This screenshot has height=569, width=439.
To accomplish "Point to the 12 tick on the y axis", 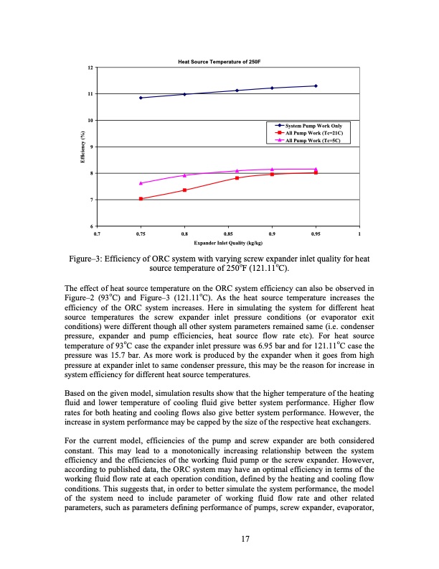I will [89, 67].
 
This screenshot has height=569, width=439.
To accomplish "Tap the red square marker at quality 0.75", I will [141, 199].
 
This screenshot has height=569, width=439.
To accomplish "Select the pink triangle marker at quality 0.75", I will [141, 183].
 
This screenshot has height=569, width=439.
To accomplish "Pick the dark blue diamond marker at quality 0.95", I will [316, 86].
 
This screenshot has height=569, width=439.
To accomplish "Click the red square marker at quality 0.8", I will [185, 190].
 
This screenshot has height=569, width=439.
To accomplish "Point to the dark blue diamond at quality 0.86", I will [237, 91].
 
